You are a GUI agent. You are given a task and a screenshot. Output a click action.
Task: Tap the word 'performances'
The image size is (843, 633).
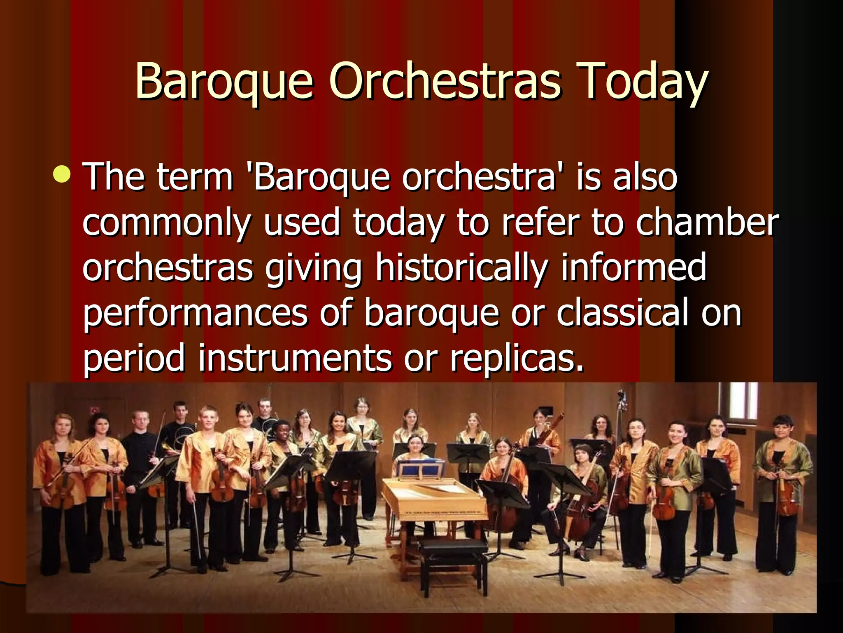pyautogui.click(x=196, y=313)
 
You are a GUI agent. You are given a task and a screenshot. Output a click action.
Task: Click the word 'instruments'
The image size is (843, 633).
pyautogui.click(x=295, y=358)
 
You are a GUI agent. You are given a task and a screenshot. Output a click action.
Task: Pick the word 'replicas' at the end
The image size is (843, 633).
pyautogui.click(x=517, y=358)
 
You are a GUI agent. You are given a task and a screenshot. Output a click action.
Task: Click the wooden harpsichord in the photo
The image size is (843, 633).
pyautogui.click(x=434, y=501)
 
